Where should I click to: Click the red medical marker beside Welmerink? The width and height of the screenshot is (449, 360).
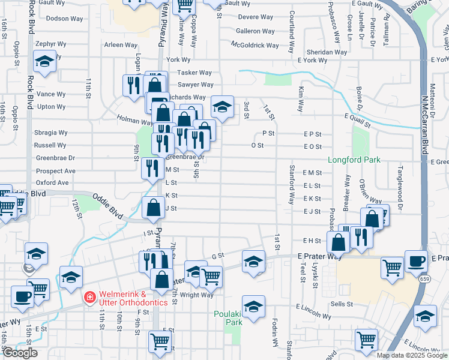[89, 296]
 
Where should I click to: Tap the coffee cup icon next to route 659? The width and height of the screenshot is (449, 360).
[415, 261]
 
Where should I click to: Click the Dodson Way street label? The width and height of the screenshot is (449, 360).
[64, 19]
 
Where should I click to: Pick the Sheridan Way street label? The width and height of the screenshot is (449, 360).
[327, 52]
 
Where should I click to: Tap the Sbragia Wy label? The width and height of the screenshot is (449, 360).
[50, 132]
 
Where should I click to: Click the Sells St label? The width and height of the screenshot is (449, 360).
[341, 304]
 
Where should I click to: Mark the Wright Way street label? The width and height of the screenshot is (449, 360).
[197, 295]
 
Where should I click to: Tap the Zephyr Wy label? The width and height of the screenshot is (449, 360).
[50, 44]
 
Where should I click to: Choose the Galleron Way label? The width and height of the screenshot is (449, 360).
[255, 31]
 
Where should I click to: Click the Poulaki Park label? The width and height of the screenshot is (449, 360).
[228, 318]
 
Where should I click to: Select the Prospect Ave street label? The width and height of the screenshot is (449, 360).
[56, 170]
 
